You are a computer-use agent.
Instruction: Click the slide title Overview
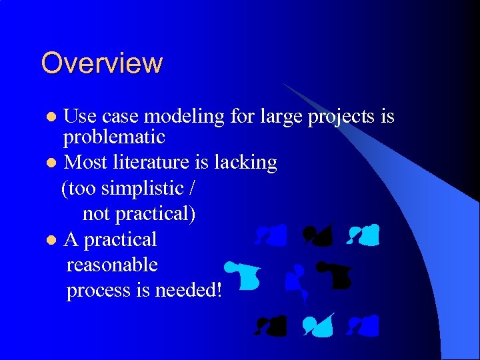click(x=101, y=63)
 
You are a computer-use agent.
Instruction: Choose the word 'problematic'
click(x=113, y=137)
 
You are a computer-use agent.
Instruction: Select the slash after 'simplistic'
click(x=192, y=189)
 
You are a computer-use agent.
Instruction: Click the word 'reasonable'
click(x=112, y=265)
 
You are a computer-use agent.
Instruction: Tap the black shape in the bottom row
click(x=271, y=325)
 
